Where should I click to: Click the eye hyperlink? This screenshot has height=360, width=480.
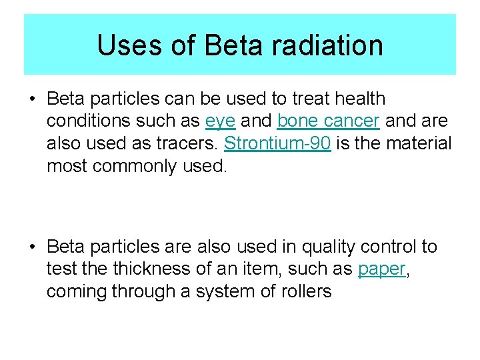pyautogui.click(x=221, y=121)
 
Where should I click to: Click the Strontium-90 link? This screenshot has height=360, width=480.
pyautogui.click(x=277, y=143)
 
